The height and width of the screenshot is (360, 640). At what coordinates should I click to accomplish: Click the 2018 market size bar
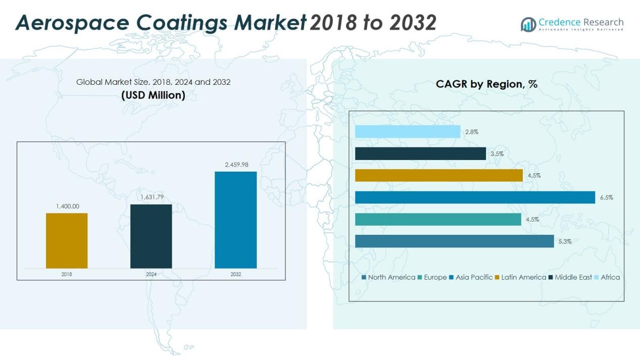click(x=67, y=240)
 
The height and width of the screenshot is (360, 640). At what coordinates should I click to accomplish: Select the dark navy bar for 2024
click(x=151, y=236)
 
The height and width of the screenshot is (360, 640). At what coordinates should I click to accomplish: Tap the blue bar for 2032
click(x=235, y=220)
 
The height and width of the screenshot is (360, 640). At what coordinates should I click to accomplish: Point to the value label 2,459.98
click(x=236, y=164)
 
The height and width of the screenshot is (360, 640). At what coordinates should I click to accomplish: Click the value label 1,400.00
click(x=67, y=206)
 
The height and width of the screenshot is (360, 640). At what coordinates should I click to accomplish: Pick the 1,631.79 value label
click(x=152, y=197)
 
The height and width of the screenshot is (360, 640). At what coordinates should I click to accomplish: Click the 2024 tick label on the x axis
click(x=151, y=274)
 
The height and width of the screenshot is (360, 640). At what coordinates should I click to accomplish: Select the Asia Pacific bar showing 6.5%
click(x=475, y=197)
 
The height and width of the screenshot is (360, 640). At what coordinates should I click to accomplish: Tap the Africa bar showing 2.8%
click(x=408, y=132)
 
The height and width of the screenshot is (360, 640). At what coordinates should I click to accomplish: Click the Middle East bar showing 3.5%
click(x=420, y=153)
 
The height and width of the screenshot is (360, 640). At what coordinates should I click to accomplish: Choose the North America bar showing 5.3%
click(x=455, y=241)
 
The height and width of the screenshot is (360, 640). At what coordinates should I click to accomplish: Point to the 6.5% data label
click(x=606, y=197)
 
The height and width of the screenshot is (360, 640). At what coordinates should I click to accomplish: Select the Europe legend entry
click(x=432, y=277)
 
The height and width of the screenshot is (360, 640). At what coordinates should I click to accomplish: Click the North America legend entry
click(x=388, y=277)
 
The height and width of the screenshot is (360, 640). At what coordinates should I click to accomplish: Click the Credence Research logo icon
click(x=528, y=24)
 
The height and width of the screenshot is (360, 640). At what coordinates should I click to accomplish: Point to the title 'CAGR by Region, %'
click(x=486, y=84)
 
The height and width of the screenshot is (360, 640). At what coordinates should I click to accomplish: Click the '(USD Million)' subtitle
click(x=153, y=95)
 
